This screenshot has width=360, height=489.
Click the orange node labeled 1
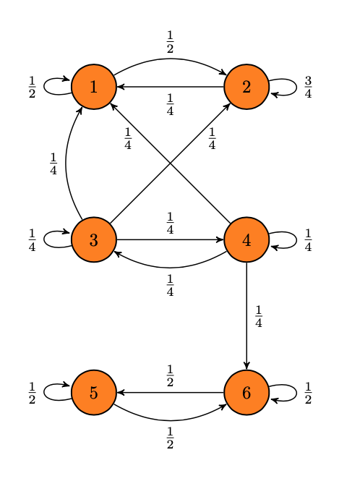pyautogui.click(x=94, y=87)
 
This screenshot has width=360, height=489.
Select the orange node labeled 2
pyautogui.click(x=247, y=87)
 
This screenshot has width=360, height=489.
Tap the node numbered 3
pyautogui.click(x=94, y=239)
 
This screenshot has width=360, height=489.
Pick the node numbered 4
pyautogui.click(x=247, y=239)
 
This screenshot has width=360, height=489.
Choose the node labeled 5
pyautogui.click(x=94, y=392)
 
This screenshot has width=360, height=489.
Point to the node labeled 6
pyautogui.click(x=247, y=392)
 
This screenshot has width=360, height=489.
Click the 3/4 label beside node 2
pyautogui.click(x=308, y=87)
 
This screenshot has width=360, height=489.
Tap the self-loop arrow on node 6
pyautogui.click(x=296, y=393)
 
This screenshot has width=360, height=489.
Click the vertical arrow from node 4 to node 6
pyautogui.click(x=247, y=315)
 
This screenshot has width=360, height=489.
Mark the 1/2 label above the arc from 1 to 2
pyautogui.click(x=170, y=42)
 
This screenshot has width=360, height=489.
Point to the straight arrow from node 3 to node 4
pyautogui.click(x=170, y=239)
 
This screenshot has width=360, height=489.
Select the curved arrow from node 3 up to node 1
pyautogui.click(x=66, y=163)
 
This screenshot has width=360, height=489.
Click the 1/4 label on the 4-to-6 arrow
pyautogui.click(x=258, y=316)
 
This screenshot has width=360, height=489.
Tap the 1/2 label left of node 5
pyautogui.click(x=32, y=393)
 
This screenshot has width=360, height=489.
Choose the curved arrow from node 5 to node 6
pyautogui.click(x=170, y=420)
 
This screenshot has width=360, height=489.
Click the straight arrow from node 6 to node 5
pyautogui.click(x=170, y=392)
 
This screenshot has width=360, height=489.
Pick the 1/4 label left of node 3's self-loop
pyautogui.click(x=32, y=240)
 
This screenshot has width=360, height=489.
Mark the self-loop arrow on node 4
pyautogui.click(x=296, y=240)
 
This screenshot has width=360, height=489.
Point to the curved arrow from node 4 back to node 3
pyautogui.click(x=170, y=268)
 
